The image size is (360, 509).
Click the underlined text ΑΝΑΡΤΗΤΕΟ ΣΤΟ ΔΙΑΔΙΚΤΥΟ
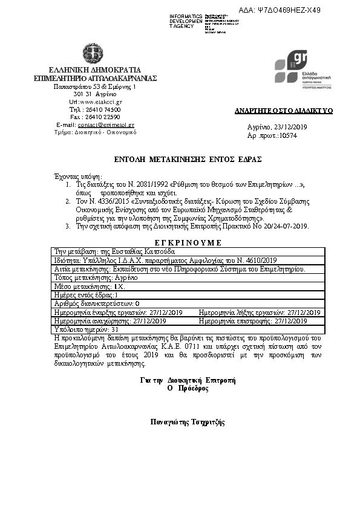pos(284,112)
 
